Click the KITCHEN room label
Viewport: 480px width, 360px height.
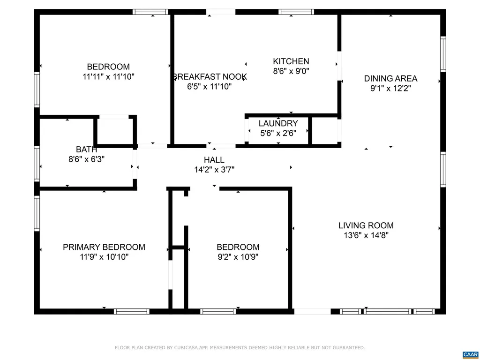291,61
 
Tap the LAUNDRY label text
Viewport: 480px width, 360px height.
278,123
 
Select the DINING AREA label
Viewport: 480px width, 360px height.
390,79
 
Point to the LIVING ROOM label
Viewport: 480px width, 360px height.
366,225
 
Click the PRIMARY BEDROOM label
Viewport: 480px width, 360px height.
104,247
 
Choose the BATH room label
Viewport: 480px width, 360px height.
87,150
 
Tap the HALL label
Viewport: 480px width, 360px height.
214,160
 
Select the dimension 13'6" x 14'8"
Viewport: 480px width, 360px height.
366,235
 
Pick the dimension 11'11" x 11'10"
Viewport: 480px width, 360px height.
109,76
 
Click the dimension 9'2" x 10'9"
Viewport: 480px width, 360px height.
238,257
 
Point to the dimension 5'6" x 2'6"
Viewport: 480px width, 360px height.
278,133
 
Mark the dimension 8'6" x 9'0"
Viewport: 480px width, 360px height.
291,71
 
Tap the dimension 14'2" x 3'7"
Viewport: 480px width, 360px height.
214,170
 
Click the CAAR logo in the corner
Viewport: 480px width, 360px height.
470,354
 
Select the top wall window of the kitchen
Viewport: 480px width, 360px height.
296,12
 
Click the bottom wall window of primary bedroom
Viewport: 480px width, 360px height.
132,311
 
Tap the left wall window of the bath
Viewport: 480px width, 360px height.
37,164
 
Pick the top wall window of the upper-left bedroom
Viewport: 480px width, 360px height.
150,12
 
